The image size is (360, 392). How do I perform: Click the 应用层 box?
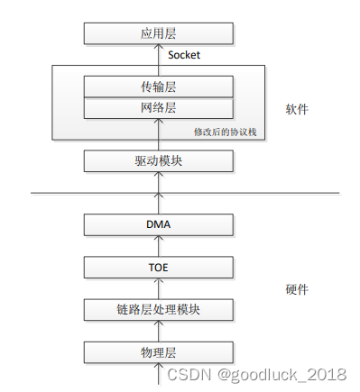(158, 34)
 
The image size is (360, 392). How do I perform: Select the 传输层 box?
(158, 87)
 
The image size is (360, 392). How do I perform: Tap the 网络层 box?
(158, 108)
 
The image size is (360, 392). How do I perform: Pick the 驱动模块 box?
(158, 161)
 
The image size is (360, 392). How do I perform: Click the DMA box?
(158, 224)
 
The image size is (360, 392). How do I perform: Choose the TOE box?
(158, 267)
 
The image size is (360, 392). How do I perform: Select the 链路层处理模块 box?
(158, 310)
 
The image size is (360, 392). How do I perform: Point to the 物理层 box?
(158, 352)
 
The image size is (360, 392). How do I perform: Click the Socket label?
(184, 56)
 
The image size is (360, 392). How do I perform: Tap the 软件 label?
(297, 109)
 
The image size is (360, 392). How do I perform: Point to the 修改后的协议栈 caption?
(226, 132)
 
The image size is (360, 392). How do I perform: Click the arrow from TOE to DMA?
(158, 245)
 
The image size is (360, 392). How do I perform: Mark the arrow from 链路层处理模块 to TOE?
(158, 288)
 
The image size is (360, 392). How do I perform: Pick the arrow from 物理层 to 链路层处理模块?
(158, 331)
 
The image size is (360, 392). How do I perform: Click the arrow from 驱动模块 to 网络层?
(158, 135)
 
